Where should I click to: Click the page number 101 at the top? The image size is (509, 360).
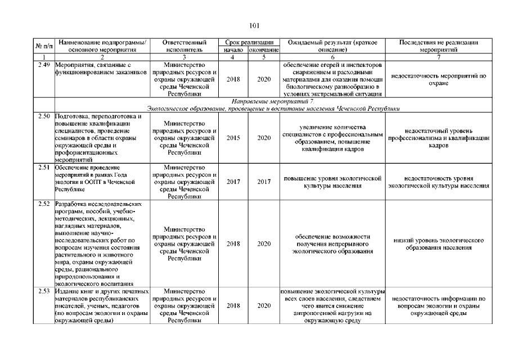point(254,25)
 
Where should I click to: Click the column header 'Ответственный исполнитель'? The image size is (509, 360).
point(184,46)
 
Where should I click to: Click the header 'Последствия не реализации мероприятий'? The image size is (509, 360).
point(438,46)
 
